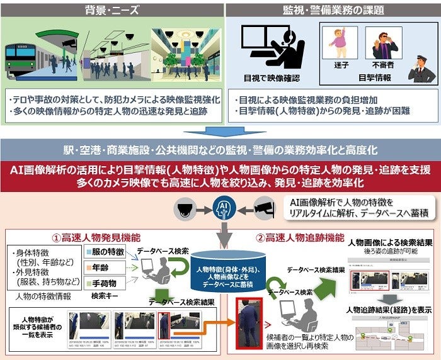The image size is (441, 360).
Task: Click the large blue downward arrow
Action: (x=220, y=132)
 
